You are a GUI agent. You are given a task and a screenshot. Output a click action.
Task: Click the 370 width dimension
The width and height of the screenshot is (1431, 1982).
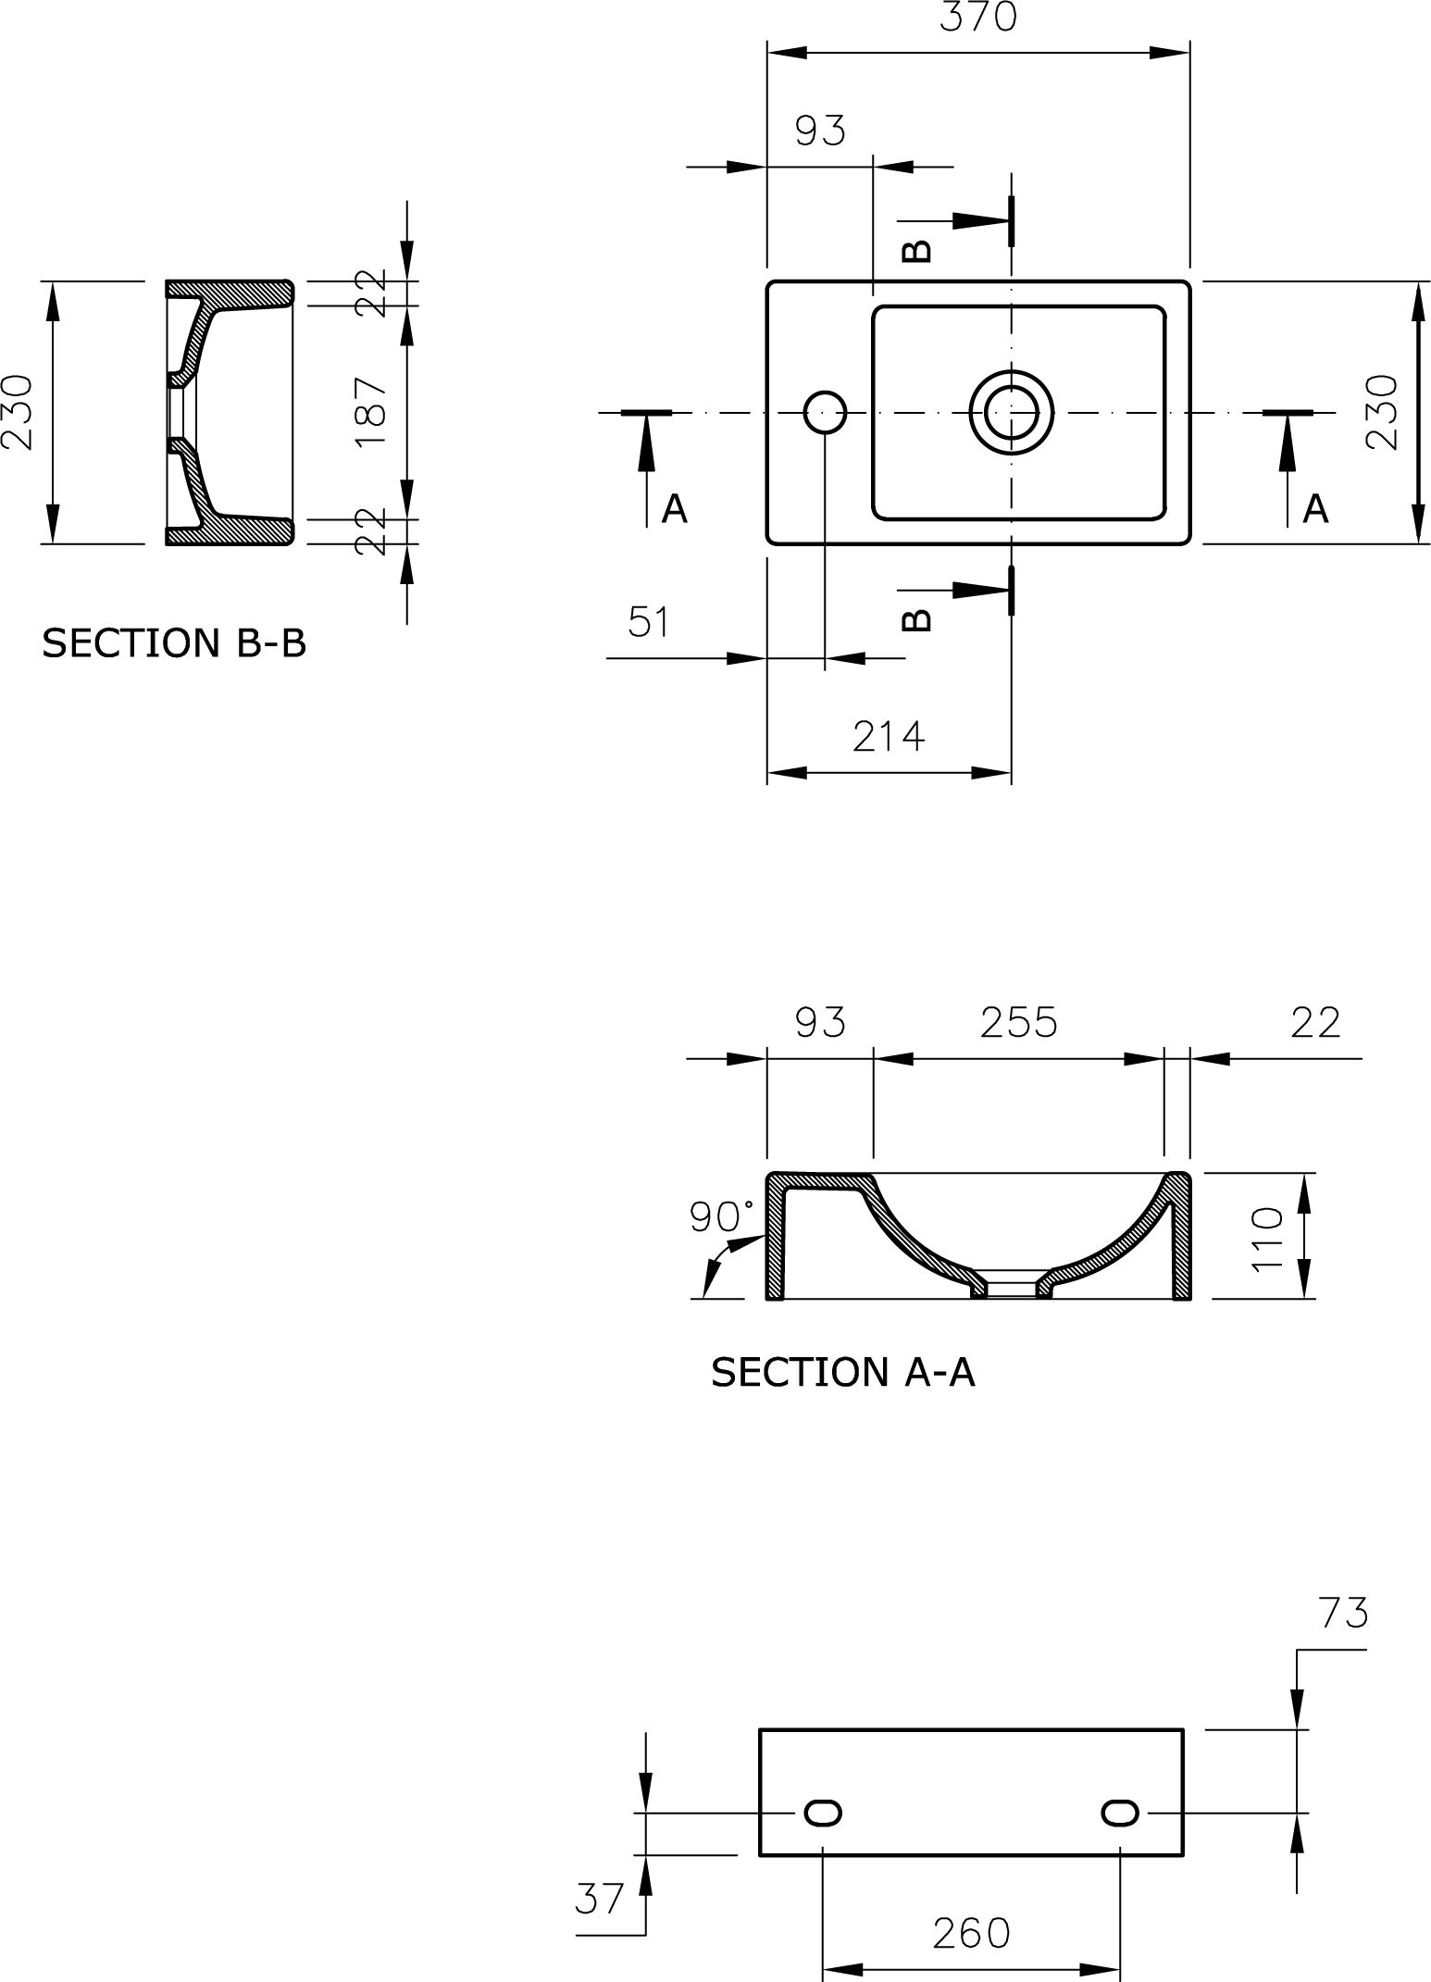pos(978,17)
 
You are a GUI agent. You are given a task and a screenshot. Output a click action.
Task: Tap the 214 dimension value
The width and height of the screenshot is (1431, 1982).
pos(889,736)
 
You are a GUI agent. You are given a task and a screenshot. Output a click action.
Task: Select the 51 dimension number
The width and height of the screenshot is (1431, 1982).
pos(648,622)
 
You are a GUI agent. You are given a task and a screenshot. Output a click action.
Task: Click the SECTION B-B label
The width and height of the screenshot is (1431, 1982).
pos(174,643)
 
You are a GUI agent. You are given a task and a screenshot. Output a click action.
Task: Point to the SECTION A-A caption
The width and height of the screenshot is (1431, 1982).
pos(843,1372)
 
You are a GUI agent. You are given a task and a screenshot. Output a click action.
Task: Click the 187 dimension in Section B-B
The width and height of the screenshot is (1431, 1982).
pos(372,412)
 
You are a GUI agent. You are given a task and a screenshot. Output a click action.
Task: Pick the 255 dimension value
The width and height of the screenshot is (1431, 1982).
pos(1018,1023)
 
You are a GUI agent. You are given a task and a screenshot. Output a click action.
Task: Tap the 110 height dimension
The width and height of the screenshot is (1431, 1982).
pos(1267,1239)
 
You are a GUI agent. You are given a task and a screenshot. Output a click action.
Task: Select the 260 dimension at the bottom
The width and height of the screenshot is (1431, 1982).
pos(972,1933)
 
